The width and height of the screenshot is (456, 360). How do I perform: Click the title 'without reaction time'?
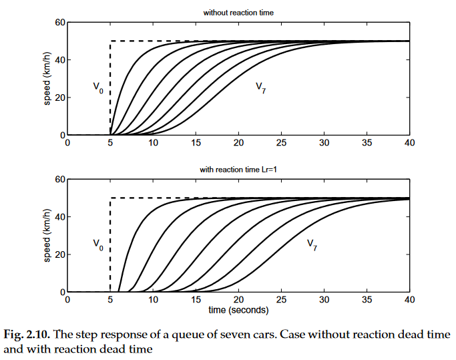[238, 13]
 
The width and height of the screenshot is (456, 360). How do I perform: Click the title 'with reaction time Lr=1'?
[238, 170]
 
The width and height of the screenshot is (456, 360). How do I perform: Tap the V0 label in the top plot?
[98, 87]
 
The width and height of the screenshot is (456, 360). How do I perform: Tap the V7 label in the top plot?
[260, 87]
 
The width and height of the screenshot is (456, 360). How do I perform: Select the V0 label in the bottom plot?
[98, 244]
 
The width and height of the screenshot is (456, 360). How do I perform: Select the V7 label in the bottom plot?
[312, 244]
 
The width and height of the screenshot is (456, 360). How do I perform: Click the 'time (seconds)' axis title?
[238, 310]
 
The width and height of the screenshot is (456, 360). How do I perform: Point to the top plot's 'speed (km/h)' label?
[47, 79]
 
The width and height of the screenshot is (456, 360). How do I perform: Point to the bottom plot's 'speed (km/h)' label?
[47, 236]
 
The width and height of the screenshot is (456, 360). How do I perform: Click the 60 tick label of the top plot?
[60, 22]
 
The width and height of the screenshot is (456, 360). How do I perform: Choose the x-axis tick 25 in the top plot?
[281, 143]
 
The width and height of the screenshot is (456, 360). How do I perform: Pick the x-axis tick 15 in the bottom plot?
[196, 299]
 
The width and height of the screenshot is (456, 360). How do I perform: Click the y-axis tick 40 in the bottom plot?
[60, 217]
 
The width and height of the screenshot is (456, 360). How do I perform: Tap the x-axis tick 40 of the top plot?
[409, 143]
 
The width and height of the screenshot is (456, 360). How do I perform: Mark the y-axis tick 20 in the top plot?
[60, 98]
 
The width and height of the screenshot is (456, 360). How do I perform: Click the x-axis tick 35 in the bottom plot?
[367, 299]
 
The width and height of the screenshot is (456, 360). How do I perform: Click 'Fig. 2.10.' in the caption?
[27, 335]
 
